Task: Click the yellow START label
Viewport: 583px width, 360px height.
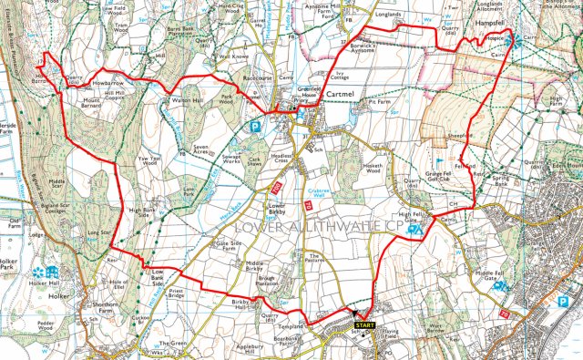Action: click(363, 325)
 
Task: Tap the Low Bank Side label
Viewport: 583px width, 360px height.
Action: click(157, 276)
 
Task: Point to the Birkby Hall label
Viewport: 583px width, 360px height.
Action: click(239, 304)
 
